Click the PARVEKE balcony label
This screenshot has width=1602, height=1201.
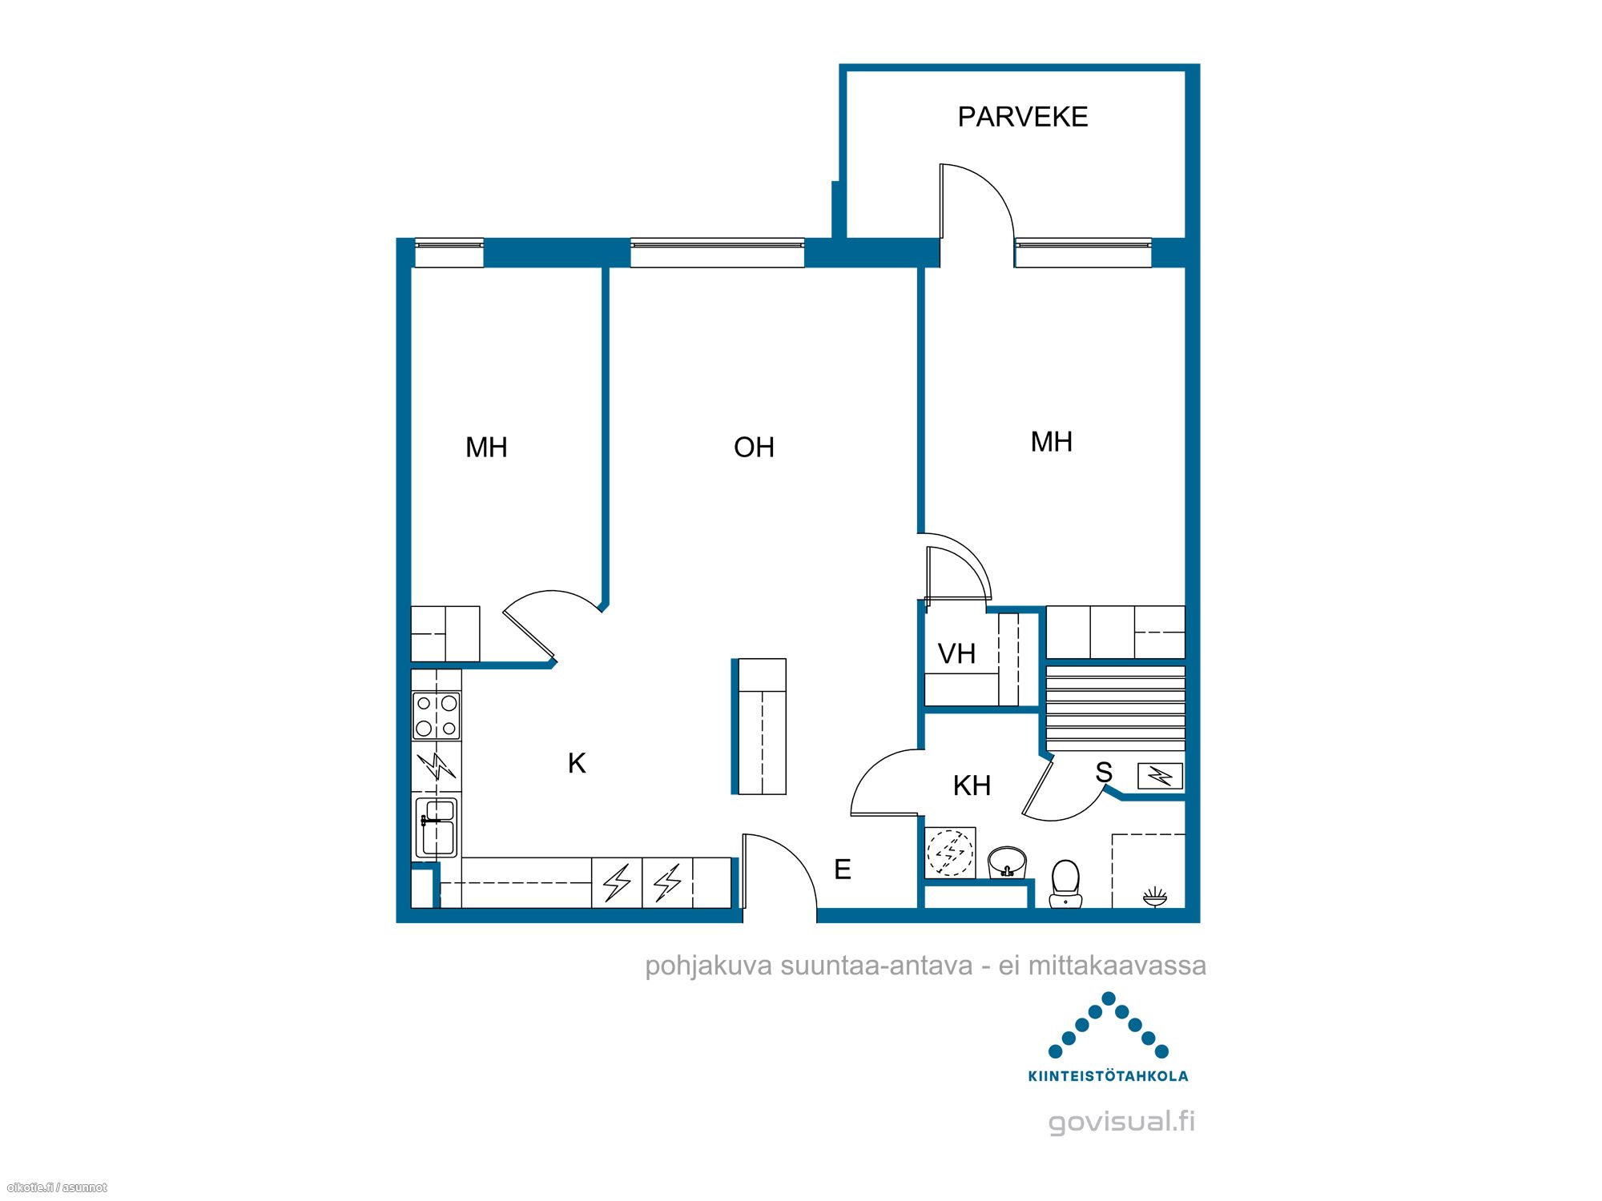tap(1023, 117)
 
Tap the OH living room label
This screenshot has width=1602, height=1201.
tap(754, 448)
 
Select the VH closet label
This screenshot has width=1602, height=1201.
tap(956, 654)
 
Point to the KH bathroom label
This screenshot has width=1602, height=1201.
tap(972, 786)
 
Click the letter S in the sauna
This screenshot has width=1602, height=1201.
tap(1104, 773)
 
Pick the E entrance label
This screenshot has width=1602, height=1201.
tap(843, 870)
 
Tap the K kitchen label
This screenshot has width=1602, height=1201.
tap(577, 764)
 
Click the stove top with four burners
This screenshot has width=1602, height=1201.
tap(437, 716)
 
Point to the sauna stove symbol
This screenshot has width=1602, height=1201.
tap(1160, 776)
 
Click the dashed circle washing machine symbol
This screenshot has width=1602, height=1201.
tap(950, 853)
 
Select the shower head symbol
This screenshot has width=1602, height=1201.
tap(1154, 898)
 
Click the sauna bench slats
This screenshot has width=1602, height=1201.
tap(1116, 709)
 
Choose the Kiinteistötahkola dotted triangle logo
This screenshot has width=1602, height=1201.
tap(1109, 1026)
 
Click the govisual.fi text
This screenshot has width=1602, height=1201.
tap(1121, 1123)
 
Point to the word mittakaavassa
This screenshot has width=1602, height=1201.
tap(1117, 966)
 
